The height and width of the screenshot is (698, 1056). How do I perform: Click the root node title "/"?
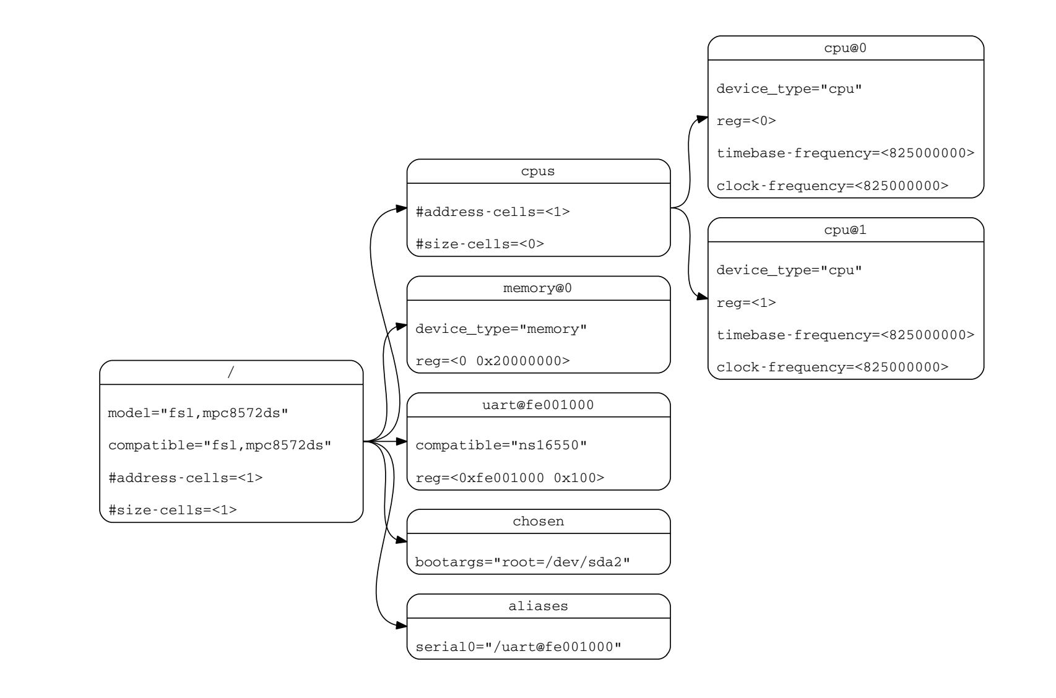tap(231, 373)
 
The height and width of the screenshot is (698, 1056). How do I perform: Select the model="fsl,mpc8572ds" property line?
tap(198, 413)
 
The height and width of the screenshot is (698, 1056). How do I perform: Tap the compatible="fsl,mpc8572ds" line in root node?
tap(220, 445)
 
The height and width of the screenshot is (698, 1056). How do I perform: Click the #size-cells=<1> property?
tap(173, 510)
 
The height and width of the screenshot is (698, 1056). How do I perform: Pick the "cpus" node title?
tap(538, 171)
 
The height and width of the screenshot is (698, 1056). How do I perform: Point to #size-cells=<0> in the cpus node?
tap(480, 244)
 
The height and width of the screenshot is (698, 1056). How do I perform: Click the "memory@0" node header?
tap(538, 288)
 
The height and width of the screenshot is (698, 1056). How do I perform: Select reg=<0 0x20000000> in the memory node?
tap(493, 361)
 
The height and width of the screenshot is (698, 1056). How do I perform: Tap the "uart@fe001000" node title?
tap(538, 405)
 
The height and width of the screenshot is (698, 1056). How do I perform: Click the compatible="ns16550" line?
tap(501, 445)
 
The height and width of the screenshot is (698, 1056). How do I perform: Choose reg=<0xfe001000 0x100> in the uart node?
tap(510, 478)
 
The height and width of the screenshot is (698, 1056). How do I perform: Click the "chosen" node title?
tap(538, 522)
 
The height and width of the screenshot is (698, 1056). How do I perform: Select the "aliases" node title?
tap(538, 606)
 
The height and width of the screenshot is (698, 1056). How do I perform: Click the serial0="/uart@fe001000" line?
tap(518, 647)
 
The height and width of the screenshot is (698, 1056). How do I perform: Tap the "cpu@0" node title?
tap(845, 48)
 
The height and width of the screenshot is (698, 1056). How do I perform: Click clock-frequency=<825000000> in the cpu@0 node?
tap(833, 186)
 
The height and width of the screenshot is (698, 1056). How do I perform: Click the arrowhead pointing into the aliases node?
tap(401, 626)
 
